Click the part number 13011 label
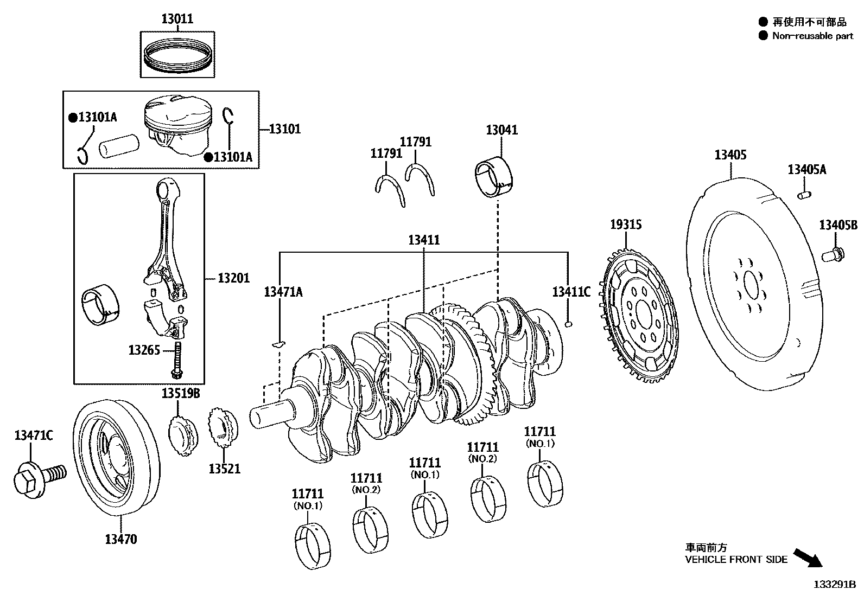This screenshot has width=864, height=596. click(177, 19)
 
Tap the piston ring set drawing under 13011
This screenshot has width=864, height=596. click(177, 55)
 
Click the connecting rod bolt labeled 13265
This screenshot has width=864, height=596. click(177, 361)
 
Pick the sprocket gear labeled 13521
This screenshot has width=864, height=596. click(223, 428)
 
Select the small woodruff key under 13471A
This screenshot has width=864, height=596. click(278, 343)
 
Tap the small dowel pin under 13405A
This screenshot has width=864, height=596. click(804, 194)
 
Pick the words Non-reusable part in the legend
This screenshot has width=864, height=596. click(812, 36)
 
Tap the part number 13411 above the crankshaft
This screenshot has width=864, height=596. click(424, 240)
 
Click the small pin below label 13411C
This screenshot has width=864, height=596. click(568, 324)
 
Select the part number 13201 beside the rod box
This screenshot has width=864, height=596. click(233, 278)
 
